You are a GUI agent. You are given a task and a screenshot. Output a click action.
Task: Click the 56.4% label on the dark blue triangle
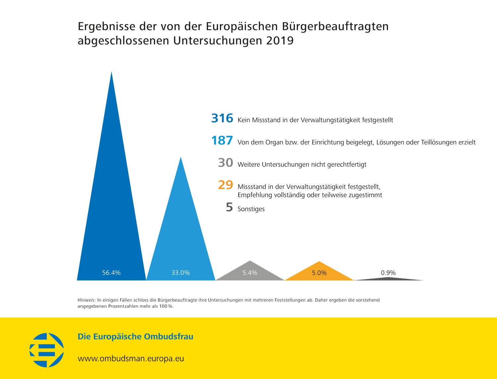click(x=111, y=273)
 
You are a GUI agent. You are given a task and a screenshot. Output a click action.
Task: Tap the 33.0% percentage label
click(x=181, y=273)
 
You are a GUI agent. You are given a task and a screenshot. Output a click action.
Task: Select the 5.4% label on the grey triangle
click(x=250, y=273)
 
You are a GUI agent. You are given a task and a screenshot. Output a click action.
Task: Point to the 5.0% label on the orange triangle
click(x=319, y=273)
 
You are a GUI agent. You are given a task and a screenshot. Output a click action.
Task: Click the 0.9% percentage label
click(x=388, y=273)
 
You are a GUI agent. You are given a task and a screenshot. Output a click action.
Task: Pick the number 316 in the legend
click(x=222, y=118)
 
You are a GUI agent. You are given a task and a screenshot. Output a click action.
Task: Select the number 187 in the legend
click(x=222, y=141)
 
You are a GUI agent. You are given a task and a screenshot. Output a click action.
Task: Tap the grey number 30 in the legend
click(x=226, y=163)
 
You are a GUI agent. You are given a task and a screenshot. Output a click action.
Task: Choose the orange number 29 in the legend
click(x=226, y=185)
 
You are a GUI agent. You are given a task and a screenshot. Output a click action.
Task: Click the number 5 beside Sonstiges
click(x=229, y=207)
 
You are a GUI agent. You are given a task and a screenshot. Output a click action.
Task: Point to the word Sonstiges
click(x=251, y=209)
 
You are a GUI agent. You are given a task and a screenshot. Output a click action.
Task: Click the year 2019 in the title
click(x=280, y=40)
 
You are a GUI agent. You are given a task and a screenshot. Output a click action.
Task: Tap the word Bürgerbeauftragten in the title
click(x=335, y=27)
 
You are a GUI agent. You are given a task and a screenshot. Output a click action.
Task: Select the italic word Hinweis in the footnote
click(x=86, y=300)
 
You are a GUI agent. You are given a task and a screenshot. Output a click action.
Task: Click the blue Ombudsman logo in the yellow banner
click(x=47, y=350)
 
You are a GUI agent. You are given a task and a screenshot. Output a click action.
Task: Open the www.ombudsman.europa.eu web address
click(x=131, y=359)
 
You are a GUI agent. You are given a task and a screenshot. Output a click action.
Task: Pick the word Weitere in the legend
click(x=248, y=165)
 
